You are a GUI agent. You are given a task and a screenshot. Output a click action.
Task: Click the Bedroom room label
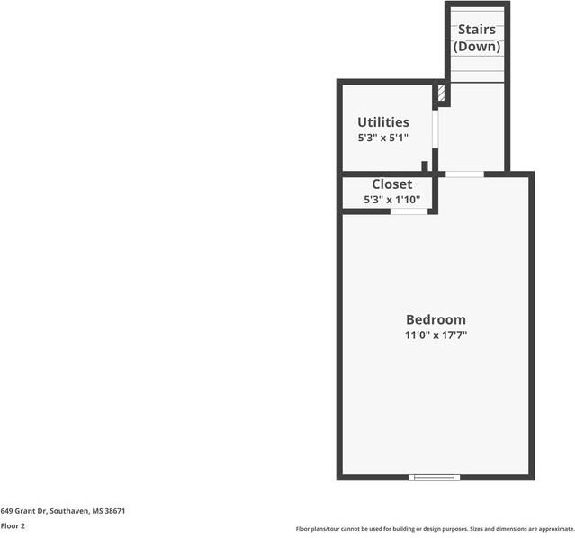[436, 319]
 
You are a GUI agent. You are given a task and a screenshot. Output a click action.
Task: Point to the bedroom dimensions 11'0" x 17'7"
[436, 336]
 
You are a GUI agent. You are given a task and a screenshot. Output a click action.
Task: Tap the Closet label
[391, 184]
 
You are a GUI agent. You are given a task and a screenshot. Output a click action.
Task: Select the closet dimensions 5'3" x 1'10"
[391, 200]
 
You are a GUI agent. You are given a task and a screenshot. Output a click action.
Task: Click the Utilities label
[383, 122]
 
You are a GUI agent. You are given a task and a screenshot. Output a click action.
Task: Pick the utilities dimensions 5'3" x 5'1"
[383, 138]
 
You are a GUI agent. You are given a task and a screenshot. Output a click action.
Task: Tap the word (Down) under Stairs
[477, 47]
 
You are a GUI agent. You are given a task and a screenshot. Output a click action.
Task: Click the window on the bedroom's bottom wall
[435, 476]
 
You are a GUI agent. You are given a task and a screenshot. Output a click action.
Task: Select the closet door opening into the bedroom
[409, 211]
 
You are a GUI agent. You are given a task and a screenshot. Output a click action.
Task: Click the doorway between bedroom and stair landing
[464, 174]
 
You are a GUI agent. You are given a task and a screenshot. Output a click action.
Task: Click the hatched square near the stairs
[441, 93]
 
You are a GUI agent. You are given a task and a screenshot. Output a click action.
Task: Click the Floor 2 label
[13, 525]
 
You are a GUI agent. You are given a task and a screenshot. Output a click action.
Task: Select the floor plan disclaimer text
[435, 529]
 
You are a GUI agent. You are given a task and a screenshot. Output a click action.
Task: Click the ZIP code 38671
[115, 510]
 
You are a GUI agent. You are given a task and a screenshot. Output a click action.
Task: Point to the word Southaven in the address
[68, 510]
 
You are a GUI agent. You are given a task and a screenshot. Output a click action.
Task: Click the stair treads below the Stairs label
[477, 67]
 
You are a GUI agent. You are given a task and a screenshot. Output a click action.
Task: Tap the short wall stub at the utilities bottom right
[425, 167]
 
